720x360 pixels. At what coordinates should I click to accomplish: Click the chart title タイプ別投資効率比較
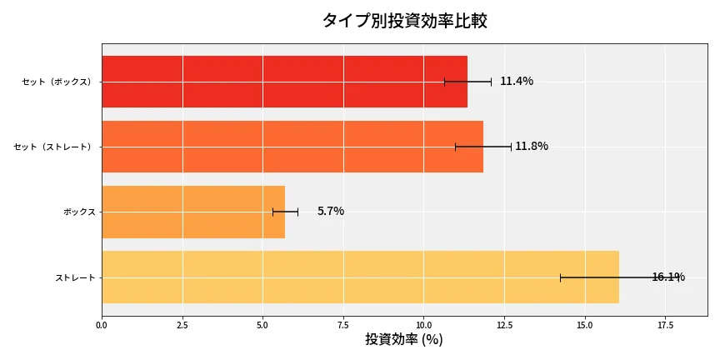(404, 21)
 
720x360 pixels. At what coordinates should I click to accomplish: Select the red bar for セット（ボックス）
(284, 82)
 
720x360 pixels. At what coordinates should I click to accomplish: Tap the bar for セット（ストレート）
(292, 147)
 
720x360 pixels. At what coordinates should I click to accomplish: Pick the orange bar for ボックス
(193, 212)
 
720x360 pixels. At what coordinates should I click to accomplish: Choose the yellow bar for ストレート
(360, 277)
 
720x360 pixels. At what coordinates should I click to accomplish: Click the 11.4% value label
(517, 82)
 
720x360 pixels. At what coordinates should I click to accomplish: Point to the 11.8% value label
(532, 147)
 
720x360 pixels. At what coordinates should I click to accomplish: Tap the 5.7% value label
(331, 212)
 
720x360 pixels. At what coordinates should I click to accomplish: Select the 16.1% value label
(668, 277)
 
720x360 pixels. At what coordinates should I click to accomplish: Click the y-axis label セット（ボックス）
(57, 82)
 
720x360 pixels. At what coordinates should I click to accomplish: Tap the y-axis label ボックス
(80, 212)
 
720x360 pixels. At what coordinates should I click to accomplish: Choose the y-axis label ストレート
(76, 277)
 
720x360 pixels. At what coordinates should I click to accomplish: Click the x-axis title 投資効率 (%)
(404, 340)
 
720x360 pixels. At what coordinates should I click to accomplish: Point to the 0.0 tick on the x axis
(102, 325)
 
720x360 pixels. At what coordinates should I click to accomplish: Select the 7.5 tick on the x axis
(343, 325)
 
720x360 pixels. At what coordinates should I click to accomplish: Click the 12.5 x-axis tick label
(504, 325)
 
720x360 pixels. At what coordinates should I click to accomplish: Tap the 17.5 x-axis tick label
(665, 325)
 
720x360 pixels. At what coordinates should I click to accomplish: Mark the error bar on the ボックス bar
(285, 212)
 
